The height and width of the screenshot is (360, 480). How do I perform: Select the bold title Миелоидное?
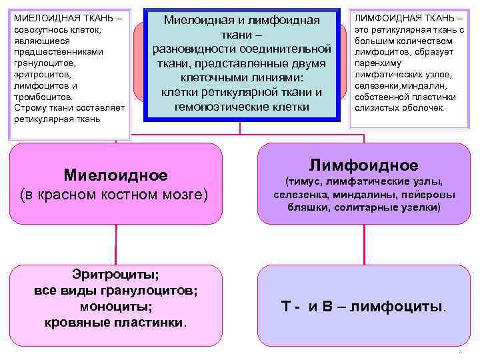coord(115,175)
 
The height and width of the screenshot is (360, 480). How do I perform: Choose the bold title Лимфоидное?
coord(363,165)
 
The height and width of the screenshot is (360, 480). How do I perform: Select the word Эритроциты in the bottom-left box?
coord(115,273)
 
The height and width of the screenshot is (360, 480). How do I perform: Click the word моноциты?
coord(116,307)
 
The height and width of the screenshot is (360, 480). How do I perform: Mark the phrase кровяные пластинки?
coord(115,323)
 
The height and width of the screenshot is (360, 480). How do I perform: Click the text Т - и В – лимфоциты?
coord(364,307)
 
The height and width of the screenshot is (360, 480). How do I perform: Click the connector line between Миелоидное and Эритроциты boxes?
coord(116,244)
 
